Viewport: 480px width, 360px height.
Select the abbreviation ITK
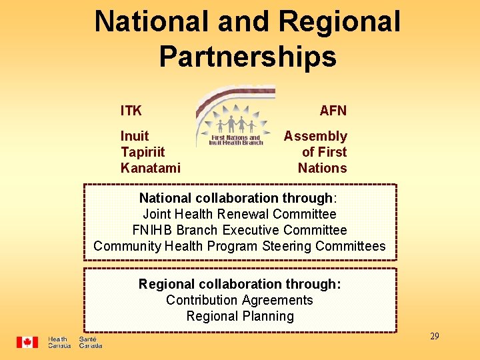point(131,110)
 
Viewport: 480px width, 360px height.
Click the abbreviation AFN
point(333,110)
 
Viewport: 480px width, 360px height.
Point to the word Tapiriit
point(143,152)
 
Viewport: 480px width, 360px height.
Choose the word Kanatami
point(150,168)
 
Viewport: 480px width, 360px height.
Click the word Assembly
point(315,136)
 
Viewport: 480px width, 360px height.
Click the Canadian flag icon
point(27,342)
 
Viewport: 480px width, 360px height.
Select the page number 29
point(434,336)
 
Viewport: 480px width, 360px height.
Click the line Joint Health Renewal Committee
point(239,214)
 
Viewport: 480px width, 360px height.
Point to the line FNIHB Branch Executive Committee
point(239,230)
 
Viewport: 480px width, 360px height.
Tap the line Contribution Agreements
point(239,300)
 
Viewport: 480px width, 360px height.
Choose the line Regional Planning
point(240,316)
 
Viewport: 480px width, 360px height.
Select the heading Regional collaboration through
point(239,284)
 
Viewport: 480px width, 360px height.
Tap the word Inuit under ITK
point(135,136)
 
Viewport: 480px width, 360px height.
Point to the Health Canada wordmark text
point(59,343)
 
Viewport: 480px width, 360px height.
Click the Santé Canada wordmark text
point(91,343)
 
